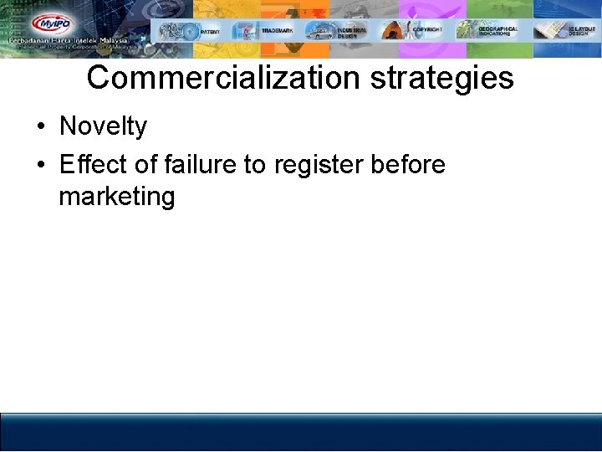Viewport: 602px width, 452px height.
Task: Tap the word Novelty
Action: (x=103, y=127)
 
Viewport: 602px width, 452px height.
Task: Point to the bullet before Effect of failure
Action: (x=40, y=166)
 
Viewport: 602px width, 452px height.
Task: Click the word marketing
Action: (x=117, y=198)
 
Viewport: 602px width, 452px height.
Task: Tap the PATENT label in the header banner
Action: (x=210, y=31)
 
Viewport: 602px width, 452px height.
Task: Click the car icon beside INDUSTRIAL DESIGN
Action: (x=319, y=31)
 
